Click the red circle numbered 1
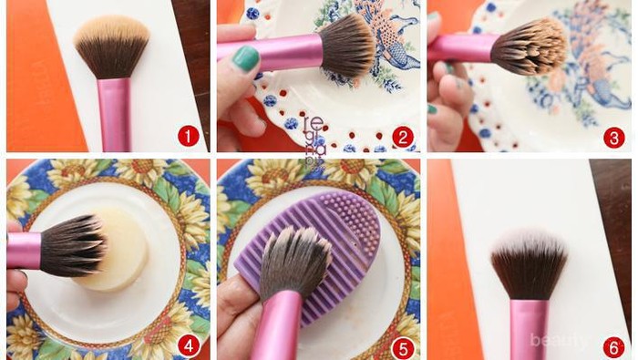pos(188,137)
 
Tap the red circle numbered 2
pos(402,137)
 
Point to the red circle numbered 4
pos(188,345)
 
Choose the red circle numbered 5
pos(402,345)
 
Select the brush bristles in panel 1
pos(112,46)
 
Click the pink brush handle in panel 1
pos(114,113)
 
